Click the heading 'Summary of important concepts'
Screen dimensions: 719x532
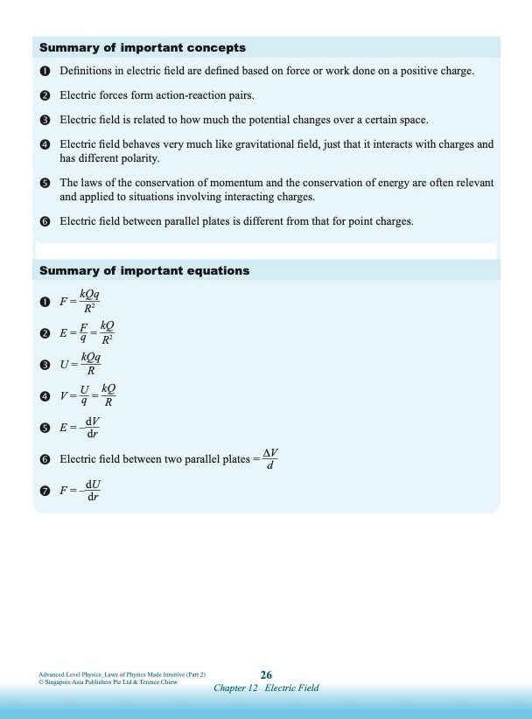(x=143, y=48)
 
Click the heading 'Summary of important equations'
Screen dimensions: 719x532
(x=144, y=271)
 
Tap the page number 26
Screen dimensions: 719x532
(x=266, y=674)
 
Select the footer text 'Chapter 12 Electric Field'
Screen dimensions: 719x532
(x=266, y=688)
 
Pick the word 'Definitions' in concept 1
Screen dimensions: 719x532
(x=87, y=70)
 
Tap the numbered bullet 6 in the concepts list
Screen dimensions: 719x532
(x=45, y=222)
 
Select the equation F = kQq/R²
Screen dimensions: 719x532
(x=80, y=302)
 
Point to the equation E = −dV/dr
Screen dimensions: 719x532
(x=80, y=428)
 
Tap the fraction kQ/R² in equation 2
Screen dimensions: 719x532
(x=108, y=332)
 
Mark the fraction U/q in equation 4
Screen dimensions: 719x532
(x=85, y=395)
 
